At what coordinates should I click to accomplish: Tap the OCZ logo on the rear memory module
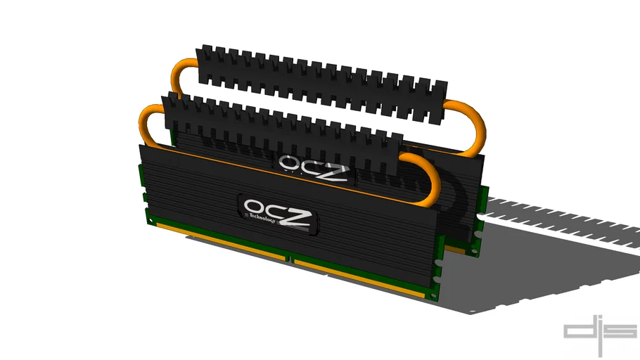(312, 166)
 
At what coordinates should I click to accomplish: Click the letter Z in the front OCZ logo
(297, 214)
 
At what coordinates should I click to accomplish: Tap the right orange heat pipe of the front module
(430, 179)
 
